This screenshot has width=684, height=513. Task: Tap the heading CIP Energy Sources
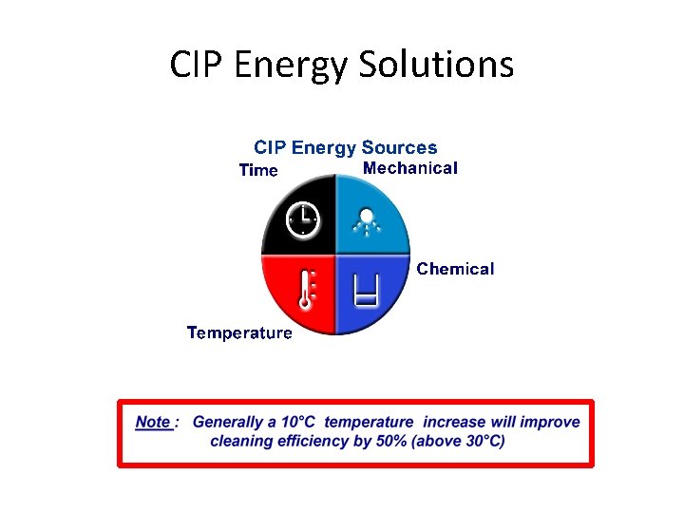coord(345,147)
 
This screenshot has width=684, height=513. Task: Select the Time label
coord(258,171)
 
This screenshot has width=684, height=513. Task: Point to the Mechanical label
coord(410,168)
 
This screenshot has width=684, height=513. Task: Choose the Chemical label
coord(455,269)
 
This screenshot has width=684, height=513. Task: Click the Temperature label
coord(239,332)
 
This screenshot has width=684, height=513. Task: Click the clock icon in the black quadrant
coord(302,218)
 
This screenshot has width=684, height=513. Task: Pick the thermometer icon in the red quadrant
coord(306,289)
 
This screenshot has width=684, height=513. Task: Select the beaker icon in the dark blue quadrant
coord(366,288)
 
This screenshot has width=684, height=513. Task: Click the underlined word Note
coord(153,422)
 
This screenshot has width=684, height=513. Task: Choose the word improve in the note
coord(550,422)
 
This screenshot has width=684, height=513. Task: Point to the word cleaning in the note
coord(242,441)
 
